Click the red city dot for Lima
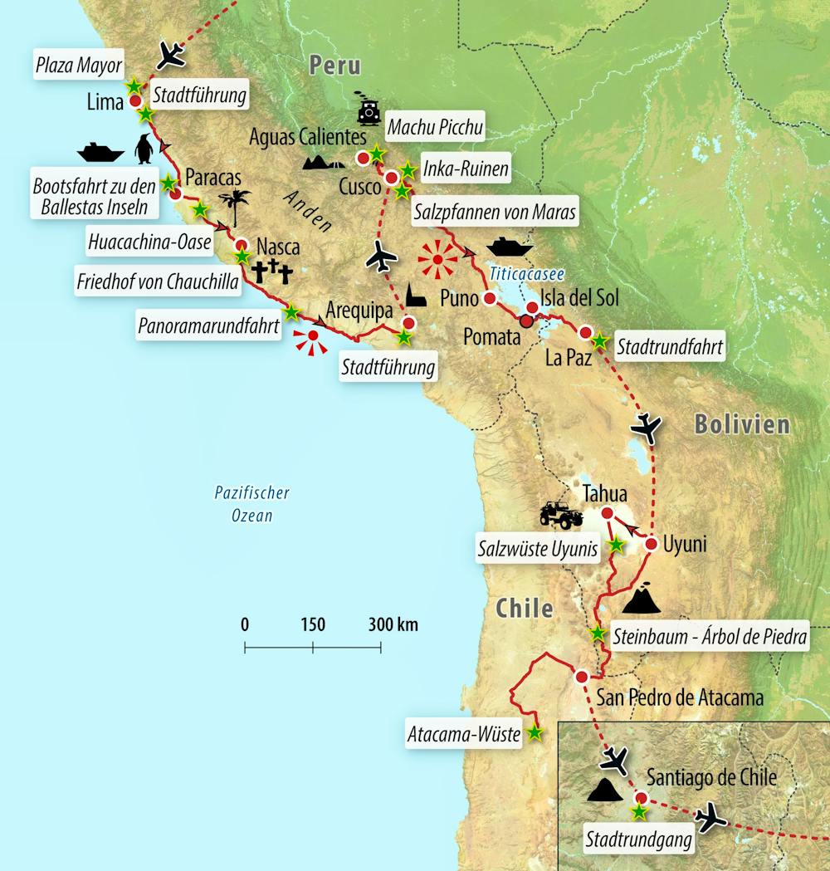pos(134,102)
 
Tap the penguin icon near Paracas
pos(144,149)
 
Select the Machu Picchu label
pos(436,128)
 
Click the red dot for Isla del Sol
pos(533,308)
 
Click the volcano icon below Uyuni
pos(641,599)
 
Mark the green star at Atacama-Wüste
pos(535,733)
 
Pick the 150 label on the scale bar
pos(313,624)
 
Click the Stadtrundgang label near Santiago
pos(639,839)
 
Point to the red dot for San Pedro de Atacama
pos(582,676)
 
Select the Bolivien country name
pos(741,425)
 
